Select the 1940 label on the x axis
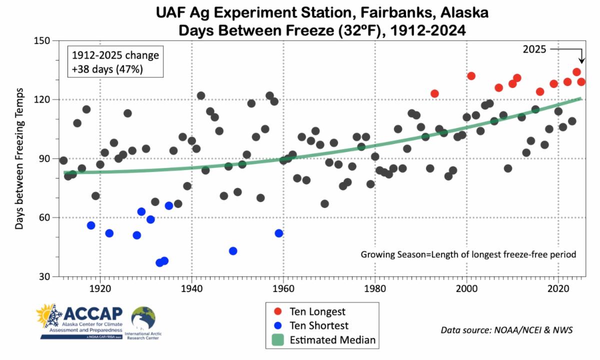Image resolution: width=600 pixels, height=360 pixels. (x=191, y=289)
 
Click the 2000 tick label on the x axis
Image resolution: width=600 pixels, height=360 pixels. (x=467, y=289)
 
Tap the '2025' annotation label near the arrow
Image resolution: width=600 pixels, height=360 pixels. (x=535, y=49)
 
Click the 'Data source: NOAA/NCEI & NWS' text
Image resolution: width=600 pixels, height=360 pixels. (x=506, y=330)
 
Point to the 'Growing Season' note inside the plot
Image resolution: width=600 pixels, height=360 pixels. (x=468, y=254)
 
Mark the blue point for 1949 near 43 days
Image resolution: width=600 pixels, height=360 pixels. (x=233, y=251)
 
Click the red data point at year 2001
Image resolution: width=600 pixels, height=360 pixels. (x=471, y=76)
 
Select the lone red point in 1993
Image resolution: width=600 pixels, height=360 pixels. (x=434, y=93)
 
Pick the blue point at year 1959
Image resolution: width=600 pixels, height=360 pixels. (x=279, y=233)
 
